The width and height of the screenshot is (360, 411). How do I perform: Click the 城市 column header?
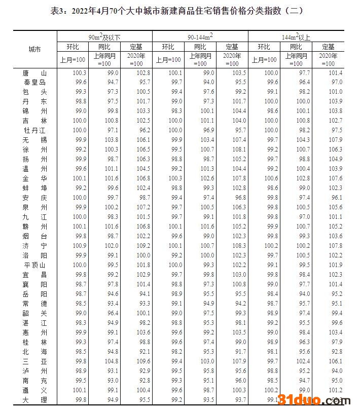pyautogui.click(x=34, y=50)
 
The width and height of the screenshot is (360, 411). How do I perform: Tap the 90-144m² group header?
pyautogui.click(x=200, y=36)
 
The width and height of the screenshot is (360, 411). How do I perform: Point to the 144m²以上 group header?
pyautogui.click(x=296, y=36)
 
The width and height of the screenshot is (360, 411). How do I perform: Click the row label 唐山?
pyautogui.click(x=34, y=73)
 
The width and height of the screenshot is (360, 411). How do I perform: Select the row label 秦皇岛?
pyautogui.click(x=34, y=82)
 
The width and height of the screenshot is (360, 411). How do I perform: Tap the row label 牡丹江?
pyautogui.click(x=34, y=130)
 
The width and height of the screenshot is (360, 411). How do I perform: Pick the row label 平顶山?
pyautogui.click(x=34, y=265)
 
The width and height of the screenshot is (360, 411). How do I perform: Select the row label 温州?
pyautogui.click(x=34, y=168)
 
